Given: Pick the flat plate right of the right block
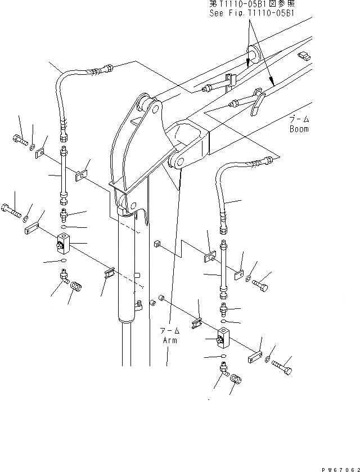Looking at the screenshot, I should tap(254, 357).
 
